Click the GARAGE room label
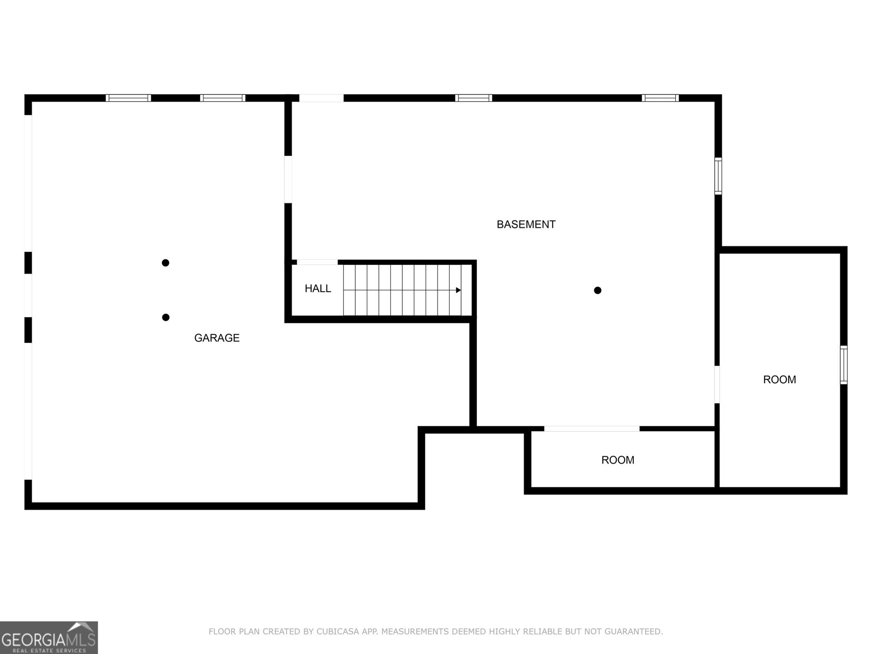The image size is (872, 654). click(216, 338)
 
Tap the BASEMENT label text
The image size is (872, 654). click(526, 225)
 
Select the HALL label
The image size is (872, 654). click(318, 289)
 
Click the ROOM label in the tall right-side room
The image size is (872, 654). click(779, 380)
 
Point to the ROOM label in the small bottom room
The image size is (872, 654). click(617, 460)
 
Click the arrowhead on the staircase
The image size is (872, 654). click(458, 290)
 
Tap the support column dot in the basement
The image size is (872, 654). click(597, 290)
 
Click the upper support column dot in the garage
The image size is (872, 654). click(166, 263)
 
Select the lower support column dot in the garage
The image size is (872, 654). click(166, 317)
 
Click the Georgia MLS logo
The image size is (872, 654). click(49, 637)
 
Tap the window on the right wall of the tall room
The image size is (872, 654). click(844, 365)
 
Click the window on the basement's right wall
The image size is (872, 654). click(718, 176)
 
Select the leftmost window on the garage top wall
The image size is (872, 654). click(128, 98)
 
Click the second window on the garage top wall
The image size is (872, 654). click(222, 98)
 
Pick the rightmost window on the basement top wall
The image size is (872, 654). click(660, 98)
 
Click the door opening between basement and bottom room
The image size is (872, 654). click(592, 429)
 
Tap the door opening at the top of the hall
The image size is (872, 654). click(317, 262)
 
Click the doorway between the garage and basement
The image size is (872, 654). click(288, 179)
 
